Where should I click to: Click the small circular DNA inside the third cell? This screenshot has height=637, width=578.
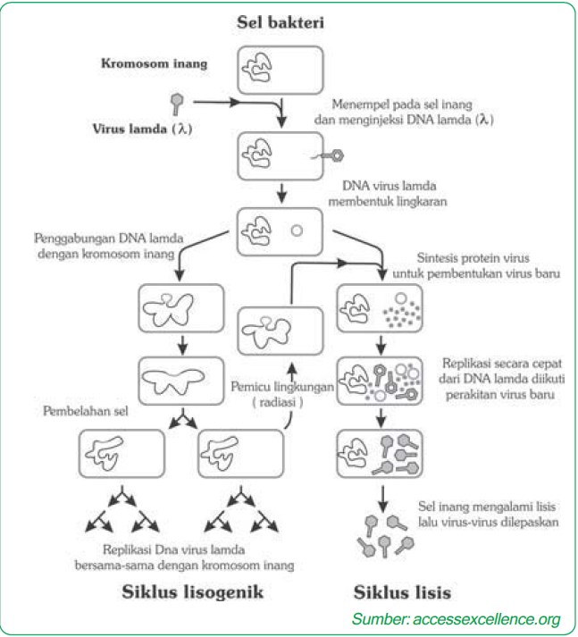click(297, 230)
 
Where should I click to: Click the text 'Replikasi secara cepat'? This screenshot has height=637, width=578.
click(494, 366)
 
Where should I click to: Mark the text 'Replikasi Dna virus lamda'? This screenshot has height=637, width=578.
click(198, 549)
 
